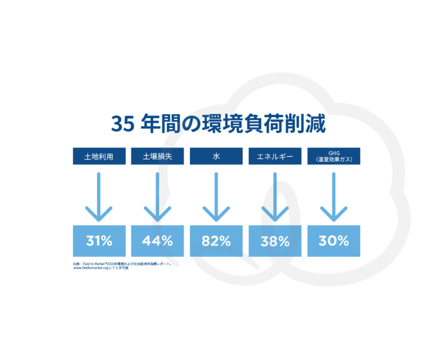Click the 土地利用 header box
coord(99,156)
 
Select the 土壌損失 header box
coord(157,156)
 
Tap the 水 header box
coord(216,156)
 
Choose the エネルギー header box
coord(275,156)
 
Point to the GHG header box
coord(334,156)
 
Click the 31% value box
coord(99,241)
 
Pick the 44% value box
coord(157,241)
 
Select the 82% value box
coord(216,241)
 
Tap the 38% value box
coord(275,241)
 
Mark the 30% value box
coord(334,241)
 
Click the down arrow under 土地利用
coord(99,197)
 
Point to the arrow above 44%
coord(157,197)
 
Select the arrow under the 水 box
coord(216,197)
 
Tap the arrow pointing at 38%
coord(275,197)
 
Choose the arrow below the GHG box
coord(334,197)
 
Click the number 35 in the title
coord(123,124)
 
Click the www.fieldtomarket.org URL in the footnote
coord(91,268)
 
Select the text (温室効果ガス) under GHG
coord(334,160)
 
